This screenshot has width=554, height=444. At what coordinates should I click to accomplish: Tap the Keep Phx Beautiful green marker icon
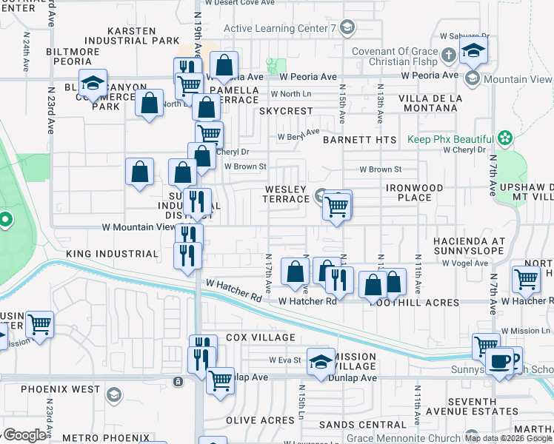point(505,138)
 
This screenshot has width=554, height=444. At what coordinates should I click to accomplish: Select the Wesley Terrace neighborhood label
point(287,194)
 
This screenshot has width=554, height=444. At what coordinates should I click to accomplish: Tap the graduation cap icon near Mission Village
point(321,362)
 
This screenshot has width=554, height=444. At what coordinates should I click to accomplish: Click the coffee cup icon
point(501,360)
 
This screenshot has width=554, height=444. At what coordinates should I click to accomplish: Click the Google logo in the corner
point(24,435)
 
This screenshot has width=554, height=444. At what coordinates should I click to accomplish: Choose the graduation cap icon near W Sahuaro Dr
point(472,51)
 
